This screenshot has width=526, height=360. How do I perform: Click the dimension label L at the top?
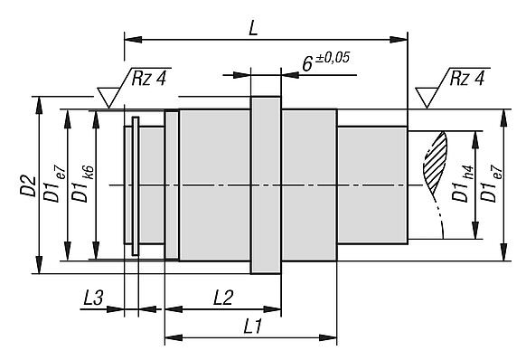click(254, 28)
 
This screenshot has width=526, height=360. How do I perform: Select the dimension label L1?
click(252, 327)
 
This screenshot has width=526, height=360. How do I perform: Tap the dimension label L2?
click(223, 298)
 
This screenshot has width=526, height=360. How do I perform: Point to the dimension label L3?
click(94, 298)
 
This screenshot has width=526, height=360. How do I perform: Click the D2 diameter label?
click(28, 185)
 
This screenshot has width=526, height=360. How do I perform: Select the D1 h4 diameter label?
click(463, 184)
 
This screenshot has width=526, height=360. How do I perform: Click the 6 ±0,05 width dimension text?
click(325, 62)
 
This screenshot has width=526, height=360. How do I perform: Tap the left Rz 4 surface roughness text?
click(148, 79)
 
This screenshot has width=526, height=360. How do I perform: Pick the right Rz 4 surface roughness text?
click(467, 79)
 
